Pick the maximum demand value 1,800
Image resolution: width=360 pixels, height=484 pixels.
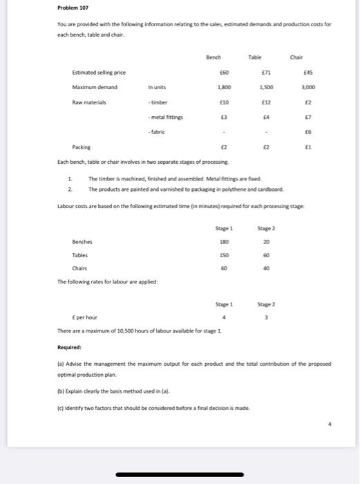point(223,88)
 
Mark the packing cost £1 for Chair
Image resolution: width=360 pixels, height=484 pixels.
point(311,147)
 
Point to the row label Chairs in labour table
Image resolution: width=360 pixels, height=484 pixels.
point(80,268)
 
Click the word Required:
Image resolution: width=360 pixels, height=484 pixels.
point(69,347)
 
